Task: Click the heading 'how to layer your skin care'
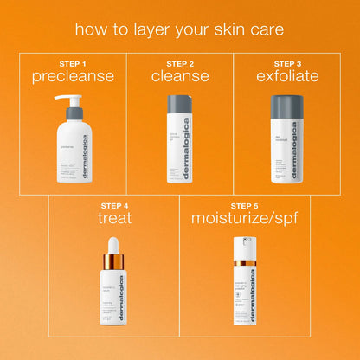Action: click(179, 29)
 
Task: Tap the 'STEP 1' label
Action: click(74, 63)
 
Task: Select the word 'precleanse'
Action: click(74, 76)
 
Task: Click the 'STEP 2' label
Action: click(179, 63)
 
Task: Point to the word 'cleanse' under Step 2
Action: click(179, 76)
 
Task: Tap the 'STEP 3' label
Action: click(287, 63)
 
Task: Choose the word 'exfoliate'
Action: click(287, 76)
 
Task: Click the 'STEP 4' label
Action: click(114, 206)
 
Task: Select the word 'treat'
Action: click(114, 219)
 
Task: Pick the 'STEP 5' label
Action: click(246, 206)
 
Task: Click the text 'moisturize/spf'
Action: click(246, 219)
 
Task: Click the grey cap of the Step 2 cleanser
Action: click(179, 103)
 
